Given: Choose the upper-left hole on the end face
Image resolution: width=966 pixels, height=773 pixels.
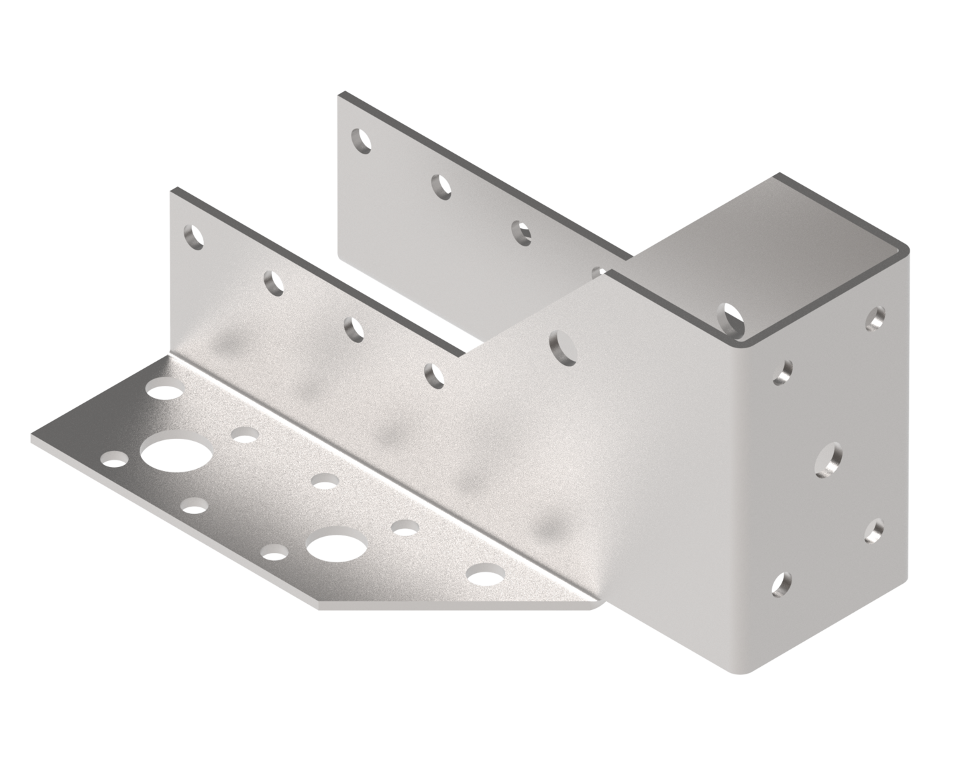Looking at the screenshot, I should click(783, 371).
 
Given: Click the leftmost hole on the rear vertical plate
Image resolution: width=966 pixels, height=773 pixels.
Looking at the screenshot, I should click(362, 140).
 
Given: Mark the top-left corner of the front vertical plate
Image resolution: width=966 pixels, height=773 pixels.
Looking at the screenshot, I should click(170, 191).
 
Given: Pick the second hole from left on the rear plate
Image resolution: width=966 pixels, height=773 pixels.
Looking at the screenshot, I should click(441, 186).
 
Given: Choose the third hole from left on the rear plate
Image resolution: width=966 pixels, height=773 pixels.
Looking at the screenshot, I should click(521, 231).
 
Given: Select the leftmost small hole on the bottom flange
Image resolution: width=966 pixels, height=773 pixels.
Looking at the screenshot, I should click(114, 459).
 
